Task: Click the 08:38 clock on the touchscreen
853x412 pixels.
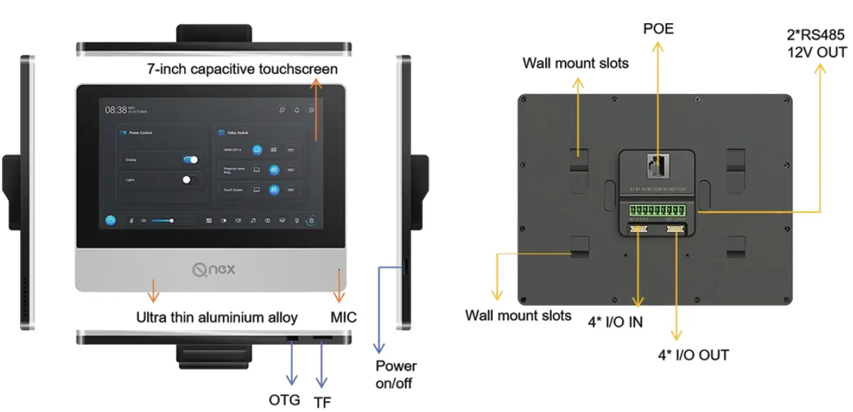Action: click(116, 110)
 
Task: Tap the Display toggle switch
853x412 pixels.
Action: click(190, 160)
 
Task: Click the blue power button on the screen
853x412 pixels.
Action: click(111, 220)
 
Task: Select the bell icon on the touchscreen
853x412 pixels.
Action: click(297, 110)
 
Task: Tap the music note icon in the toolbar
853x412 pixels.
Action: click(253, 220)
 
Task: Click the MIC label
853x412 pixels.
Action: click(343, 317)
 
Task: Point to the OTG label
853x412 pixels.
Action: click(284, 400)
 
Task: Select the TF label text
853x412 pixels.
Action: click(322, 402)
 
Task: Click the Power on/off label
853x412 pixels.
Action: click(396, 375)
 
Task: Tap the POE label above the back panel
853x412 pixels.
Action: click(658, 29)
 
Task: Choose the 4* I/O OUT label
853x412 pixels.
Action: click(693, 355)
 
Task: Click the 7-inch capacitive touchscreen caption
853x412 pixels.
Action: click(242, 69)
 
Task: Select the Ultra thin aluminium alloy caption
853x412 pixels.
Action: click(217, 317)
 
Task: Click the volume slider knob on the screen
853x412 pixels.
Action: click(171, 220)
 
